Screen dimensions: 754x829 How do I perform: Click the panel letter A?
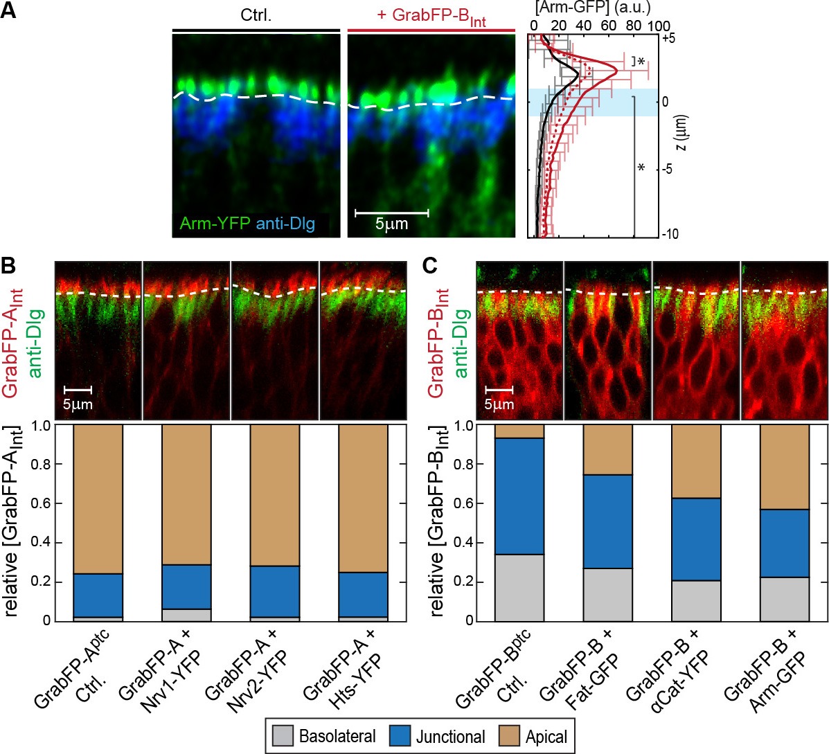9,12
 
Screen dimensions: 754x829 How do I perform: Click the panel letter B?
9,265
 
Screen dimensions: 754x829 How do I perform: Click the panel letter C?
430,265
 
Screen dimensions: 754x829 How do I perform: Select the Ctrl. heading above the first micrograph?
256,15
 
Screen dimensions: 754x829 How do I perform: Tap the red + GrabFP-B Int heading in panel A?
431,17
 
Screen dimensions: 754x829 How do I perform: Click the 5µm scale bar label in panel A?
391,223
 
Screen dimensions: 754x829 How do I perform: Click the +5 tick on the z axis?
669,39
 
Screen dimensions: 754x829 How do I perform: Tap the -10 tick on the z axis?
669,235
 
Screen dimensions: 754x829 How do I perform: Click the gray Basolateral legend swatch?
283,736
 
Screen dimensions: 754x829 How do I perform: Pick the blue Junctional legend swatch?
400,736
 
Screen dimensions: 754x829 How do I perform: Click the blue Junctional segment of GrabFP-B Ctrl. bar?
519,496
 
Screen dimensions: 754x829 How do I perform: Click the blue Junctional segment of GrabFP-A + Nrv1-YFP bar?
186,587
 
